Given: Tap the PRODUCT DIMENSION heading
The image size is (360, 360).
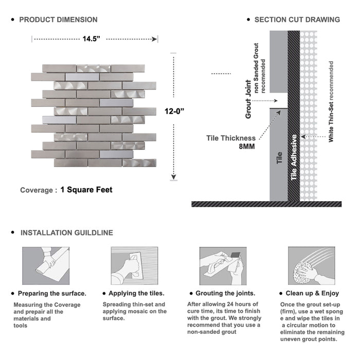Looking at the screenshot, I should click(x=58, y=20).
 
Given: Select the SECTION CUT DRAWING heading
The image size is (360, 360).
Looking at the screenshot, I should click(x=297, y=20).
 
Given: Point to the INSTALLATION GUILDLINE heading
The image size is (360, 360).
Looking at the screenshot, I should click(x=66, y=232).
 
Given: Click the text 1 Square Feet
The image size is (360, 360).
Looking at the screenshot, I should click(x=86, y=190).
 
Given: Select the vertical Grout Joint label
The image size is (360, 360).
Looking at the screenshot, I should click(x=248, y=99).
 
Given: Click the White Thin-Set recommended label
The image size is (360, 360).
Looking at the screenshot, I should click(x=331, y=102).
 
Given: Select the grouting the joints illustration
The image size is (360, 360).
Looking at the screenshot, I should click(x=221, y=266).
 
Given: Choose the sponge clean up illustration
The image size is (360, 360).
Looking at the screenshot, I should click(x=310, y=266).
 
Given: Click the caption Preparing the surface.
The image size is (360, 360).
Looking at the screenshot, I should click(x=52, y=294).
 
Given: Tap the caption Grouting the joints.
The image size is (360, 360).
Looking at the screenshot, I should click(x=225, y=294).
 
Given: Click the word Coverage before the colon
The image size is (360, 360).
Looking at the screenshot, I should click(x=36, y=190).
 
